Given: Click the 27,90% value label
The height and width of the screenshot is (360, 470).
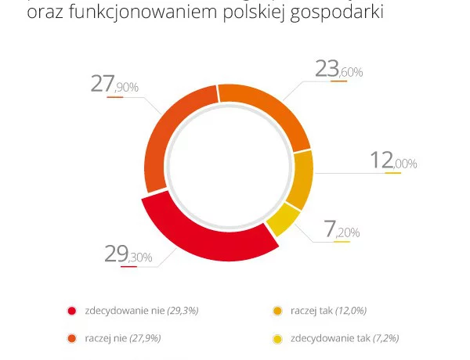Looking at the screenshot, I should click(114, 84).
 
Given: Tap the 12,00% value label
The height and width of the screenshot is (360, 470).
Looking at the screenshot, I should click(392, 161).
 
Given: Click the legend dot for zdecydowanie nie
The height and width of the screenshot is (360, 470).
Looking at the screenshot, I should click(72, 311).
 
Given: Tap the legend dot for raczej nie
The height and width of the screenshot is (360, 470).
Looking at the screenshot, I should click(72, 339).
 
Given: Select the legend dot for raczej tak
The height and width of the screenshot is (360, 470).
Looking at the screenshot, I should click(277, 311).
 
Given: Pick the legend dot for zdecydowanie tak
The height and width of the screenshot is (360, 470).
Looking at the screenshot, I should click(277, 339).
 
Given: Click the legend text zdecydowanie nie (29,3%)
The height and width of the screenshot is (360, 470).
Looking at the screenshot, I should click(142, 311).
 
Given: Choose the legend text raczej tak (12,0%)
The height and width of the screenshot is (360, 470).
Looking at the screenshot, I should click(328, 311).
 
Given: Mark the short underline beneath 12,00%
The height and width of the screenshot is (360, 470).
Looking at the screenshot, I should click(393, 173).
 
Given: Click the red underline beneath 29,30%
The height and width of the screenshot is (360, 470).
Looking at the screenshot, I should click(128, 267).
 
